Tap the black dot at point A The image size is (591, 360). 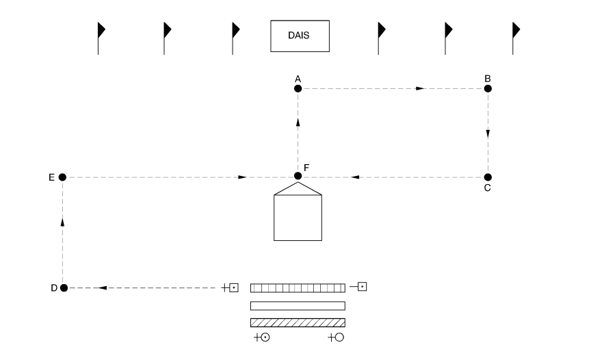(x=298, y=88)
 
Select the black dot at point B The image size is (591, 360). (x=488, y=88)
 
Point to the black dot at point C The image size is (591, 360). (x=488, y=177)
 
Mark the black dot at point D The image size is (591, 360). (x=64, y=288)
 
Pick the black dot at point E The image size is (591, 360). (x=62, y=177)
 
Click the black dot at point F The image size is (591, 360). (x=298, y=177)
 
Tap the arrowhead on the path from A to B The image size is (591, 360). (x=420, y=88)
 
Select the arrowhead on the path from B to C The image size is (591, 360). (x=488, y=134)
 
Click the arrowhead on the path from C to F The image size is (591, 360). (x=355, y=177)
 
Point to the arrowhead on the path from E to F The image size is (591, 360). (x=243, y=177)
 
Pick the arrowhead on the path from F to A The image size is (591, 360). (x=298, y=122)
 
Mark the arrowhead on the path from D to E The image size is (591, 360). (x=62, y=221)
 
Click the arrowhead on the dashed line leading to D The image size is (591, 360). (x=103, y=288)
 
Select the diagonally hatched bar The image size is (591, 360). (x=298, y=322)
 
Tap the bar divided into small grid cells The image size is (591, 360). (x=298, y=288)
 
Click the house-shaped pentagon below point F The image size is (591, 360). (x=298, y=213)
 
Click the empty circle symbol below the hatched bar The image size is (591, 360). (x=339, y=337)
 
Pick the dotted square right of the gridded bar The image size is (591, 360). (x=362, y=286)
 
